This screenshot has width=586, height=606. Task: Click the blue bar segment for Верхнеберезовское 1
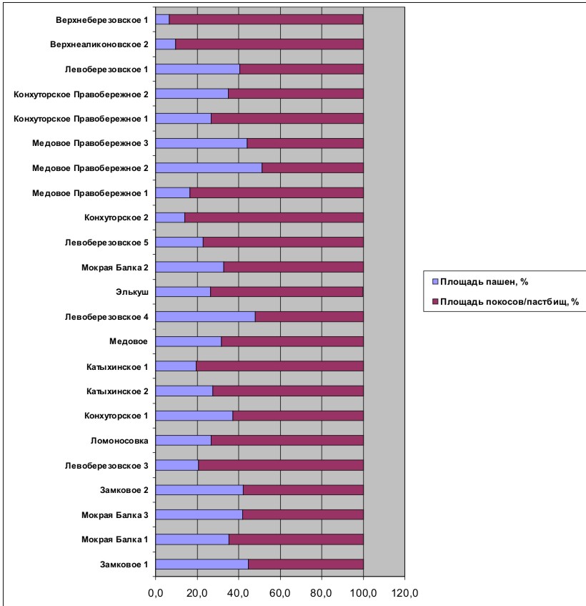[x=162, y=19]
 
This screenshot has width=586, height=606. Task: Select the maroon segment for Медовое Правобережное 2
[x=313, y=168]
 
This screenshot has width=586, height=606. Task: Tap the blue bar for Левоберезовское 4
[x=205, y=317]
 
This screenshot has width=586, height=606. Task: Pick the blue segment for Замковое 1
[x=202, y=565]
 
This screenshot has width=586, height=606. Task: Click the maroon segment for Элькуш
[x=287, y=292]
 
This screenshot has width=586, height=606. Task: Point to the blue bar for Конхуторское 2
[x=170, y=218]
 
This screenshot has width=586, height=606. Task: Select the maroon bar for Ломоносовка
[x=287, y=441]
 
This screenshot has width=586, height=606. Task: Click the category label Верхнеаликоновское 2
[x=99, y=44]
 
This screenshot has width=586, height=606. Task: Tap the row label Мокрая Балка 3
[x=114, y=515]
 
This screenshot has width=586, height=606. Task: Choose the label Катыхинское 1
[x=117, y=367]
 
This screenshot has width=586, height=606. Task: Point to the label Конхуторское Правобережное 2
[x=81, y=94]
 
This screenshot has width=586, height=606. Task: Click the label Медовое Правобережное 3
[x=90, y=143]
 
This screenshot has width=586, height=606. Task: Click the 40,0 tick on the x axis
[x=239, y=593]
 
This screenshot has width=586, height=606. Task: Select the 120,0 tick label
[x=405, y=593]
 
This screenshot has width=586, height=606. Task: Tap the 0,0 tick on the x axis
[x=156, y=593]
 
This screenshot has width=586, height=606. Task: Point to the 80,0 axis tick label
[x=322, y=593]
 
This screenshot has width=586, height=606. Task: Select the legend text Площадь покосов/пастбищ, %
[x=510, y=302]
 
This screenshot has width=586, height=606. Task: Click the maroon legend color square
[x=435, y=301]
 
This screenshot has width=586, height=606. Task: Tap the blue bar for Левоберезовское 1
[x=198, y=69]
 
